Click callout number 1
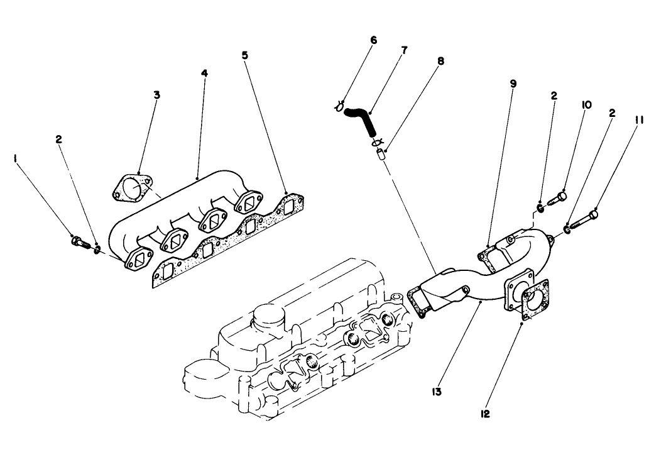(14, 160)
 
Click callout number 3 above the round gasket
(157, 95)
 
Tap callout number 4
(204, 73)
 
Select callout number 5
(244, 55)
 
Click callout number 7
(404, 50)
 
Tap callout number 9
(513, 83)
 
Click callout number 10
(586, 106)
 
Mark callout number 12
(485, 413)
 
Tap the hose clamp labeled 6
(339, 107)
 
